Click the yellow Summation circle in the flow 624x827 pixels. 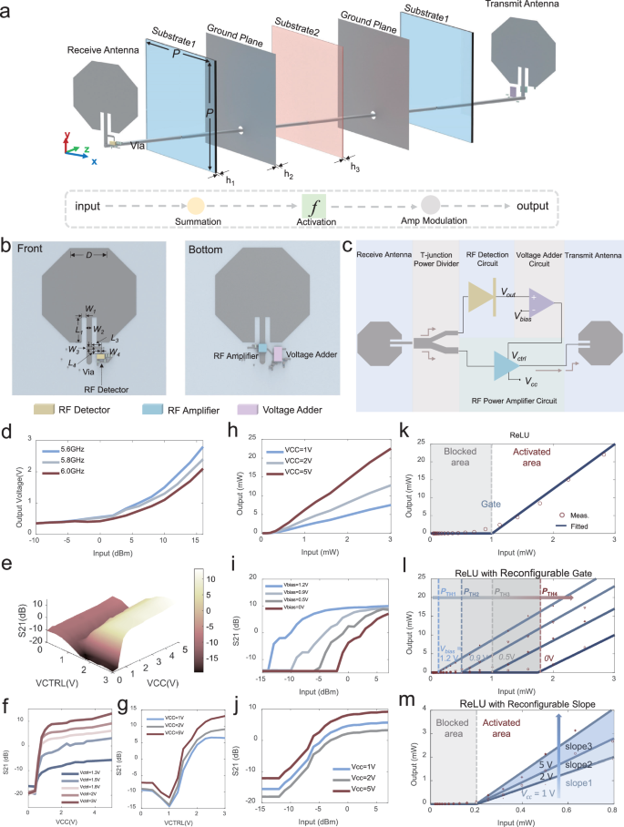pos(195,206)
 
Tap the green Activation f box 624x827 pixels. pos(313,206)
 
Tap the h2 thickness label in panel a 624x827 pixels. pos(289,174)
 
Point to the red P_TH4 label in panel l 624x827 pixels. pos(551,591)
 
